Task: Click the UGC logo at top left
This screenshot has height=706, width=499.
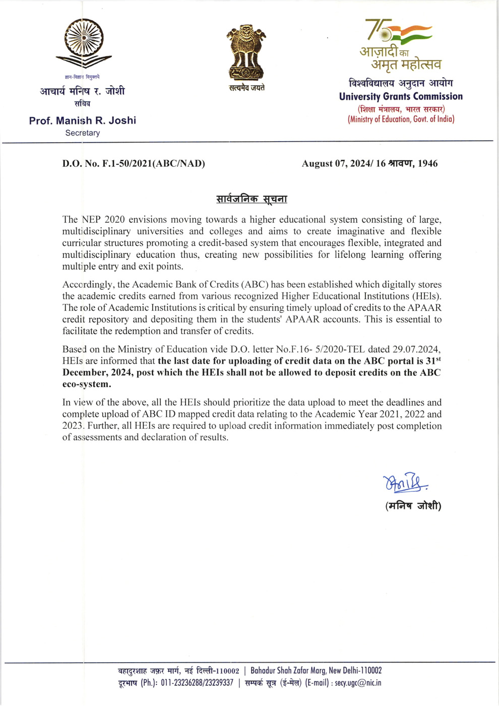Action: click(x=84, y=44)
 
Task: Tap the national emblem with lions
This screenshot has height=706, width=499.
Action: click(x=246, y=52)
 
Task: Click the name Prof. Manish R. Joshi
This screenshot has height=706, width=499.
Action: click(x=83, y=120)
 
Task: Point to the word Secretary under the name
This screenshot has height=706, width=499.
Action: click(x=83, y=133)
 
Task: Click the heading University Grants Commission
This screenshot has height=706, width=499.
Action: click(x=401, y=96)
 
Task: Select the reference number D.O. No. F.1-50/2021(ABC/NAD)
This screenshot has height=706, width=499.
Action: click(x=134, y=163)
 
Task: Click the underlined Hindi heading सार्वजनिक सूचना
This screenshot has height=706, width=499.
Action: click(x=252, y=199)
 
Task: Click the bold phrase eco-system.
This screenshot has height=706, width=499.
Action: click(x=87, y=384)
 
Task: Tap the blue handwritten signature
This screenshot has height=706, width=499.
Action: click(x=405, y=483)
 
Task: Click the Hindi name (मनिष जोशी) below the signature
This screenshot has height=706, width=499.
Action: click(x=413, y=505)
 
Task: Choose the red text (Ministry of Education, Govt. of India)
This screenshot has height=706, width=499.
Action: click(x=401, y=119)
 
